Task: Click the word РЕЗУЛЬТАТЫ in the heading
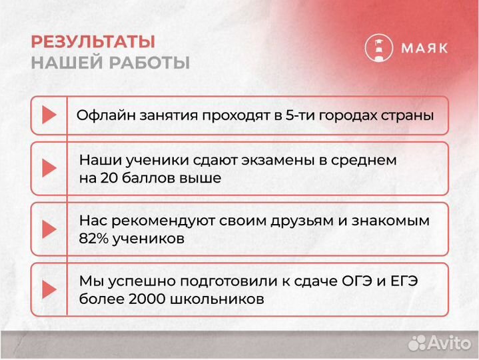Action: (x=93, y=41)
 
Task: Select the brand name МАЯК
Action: (x=424, y=48)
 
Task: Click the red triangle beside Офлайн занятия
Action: (x=49, y=115)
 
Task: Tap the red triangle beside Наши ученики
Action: (x=49, y=169)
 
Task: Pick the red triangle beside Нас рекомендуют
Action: (x=49, y=229)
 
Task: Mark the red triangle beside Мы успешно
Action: (x=49, y=289)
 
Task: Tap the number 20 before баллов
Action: (x=108, y=178)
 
